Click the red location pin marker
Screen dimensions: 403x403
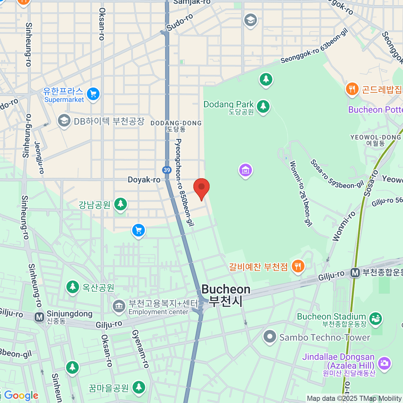click(201, 187)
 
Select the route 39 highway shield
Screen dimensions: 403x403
click(167, 170)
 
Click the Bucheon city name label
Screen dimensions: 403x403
click(226, 295)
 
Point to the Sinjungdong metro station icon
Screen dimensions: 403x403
click(39, 317)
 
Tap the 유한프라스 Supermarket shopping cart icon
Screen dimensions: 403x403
click(93, 94)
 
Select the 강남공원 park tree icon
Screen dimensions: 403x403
click(120, 204)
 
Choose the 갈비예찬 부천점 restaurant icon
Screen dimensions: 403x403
click(298, 267)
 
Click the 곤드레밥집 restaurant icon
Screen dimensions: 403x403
click(352, 89)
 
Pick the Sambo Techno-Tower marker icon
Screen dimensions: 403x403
click(270, 337)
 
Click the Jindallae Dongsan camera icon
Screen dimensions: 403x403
click(384, 363)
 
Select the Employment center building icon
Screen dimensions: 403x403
click(118, 307)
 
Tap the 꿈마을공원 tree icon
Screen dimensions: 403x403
click(138, 387)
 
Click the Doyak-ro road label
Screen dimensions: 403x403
click(144, 180)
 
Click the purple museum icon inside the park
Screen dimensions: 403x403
click(245, 170)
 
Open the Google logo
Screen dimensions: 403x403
click(21, 396)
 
